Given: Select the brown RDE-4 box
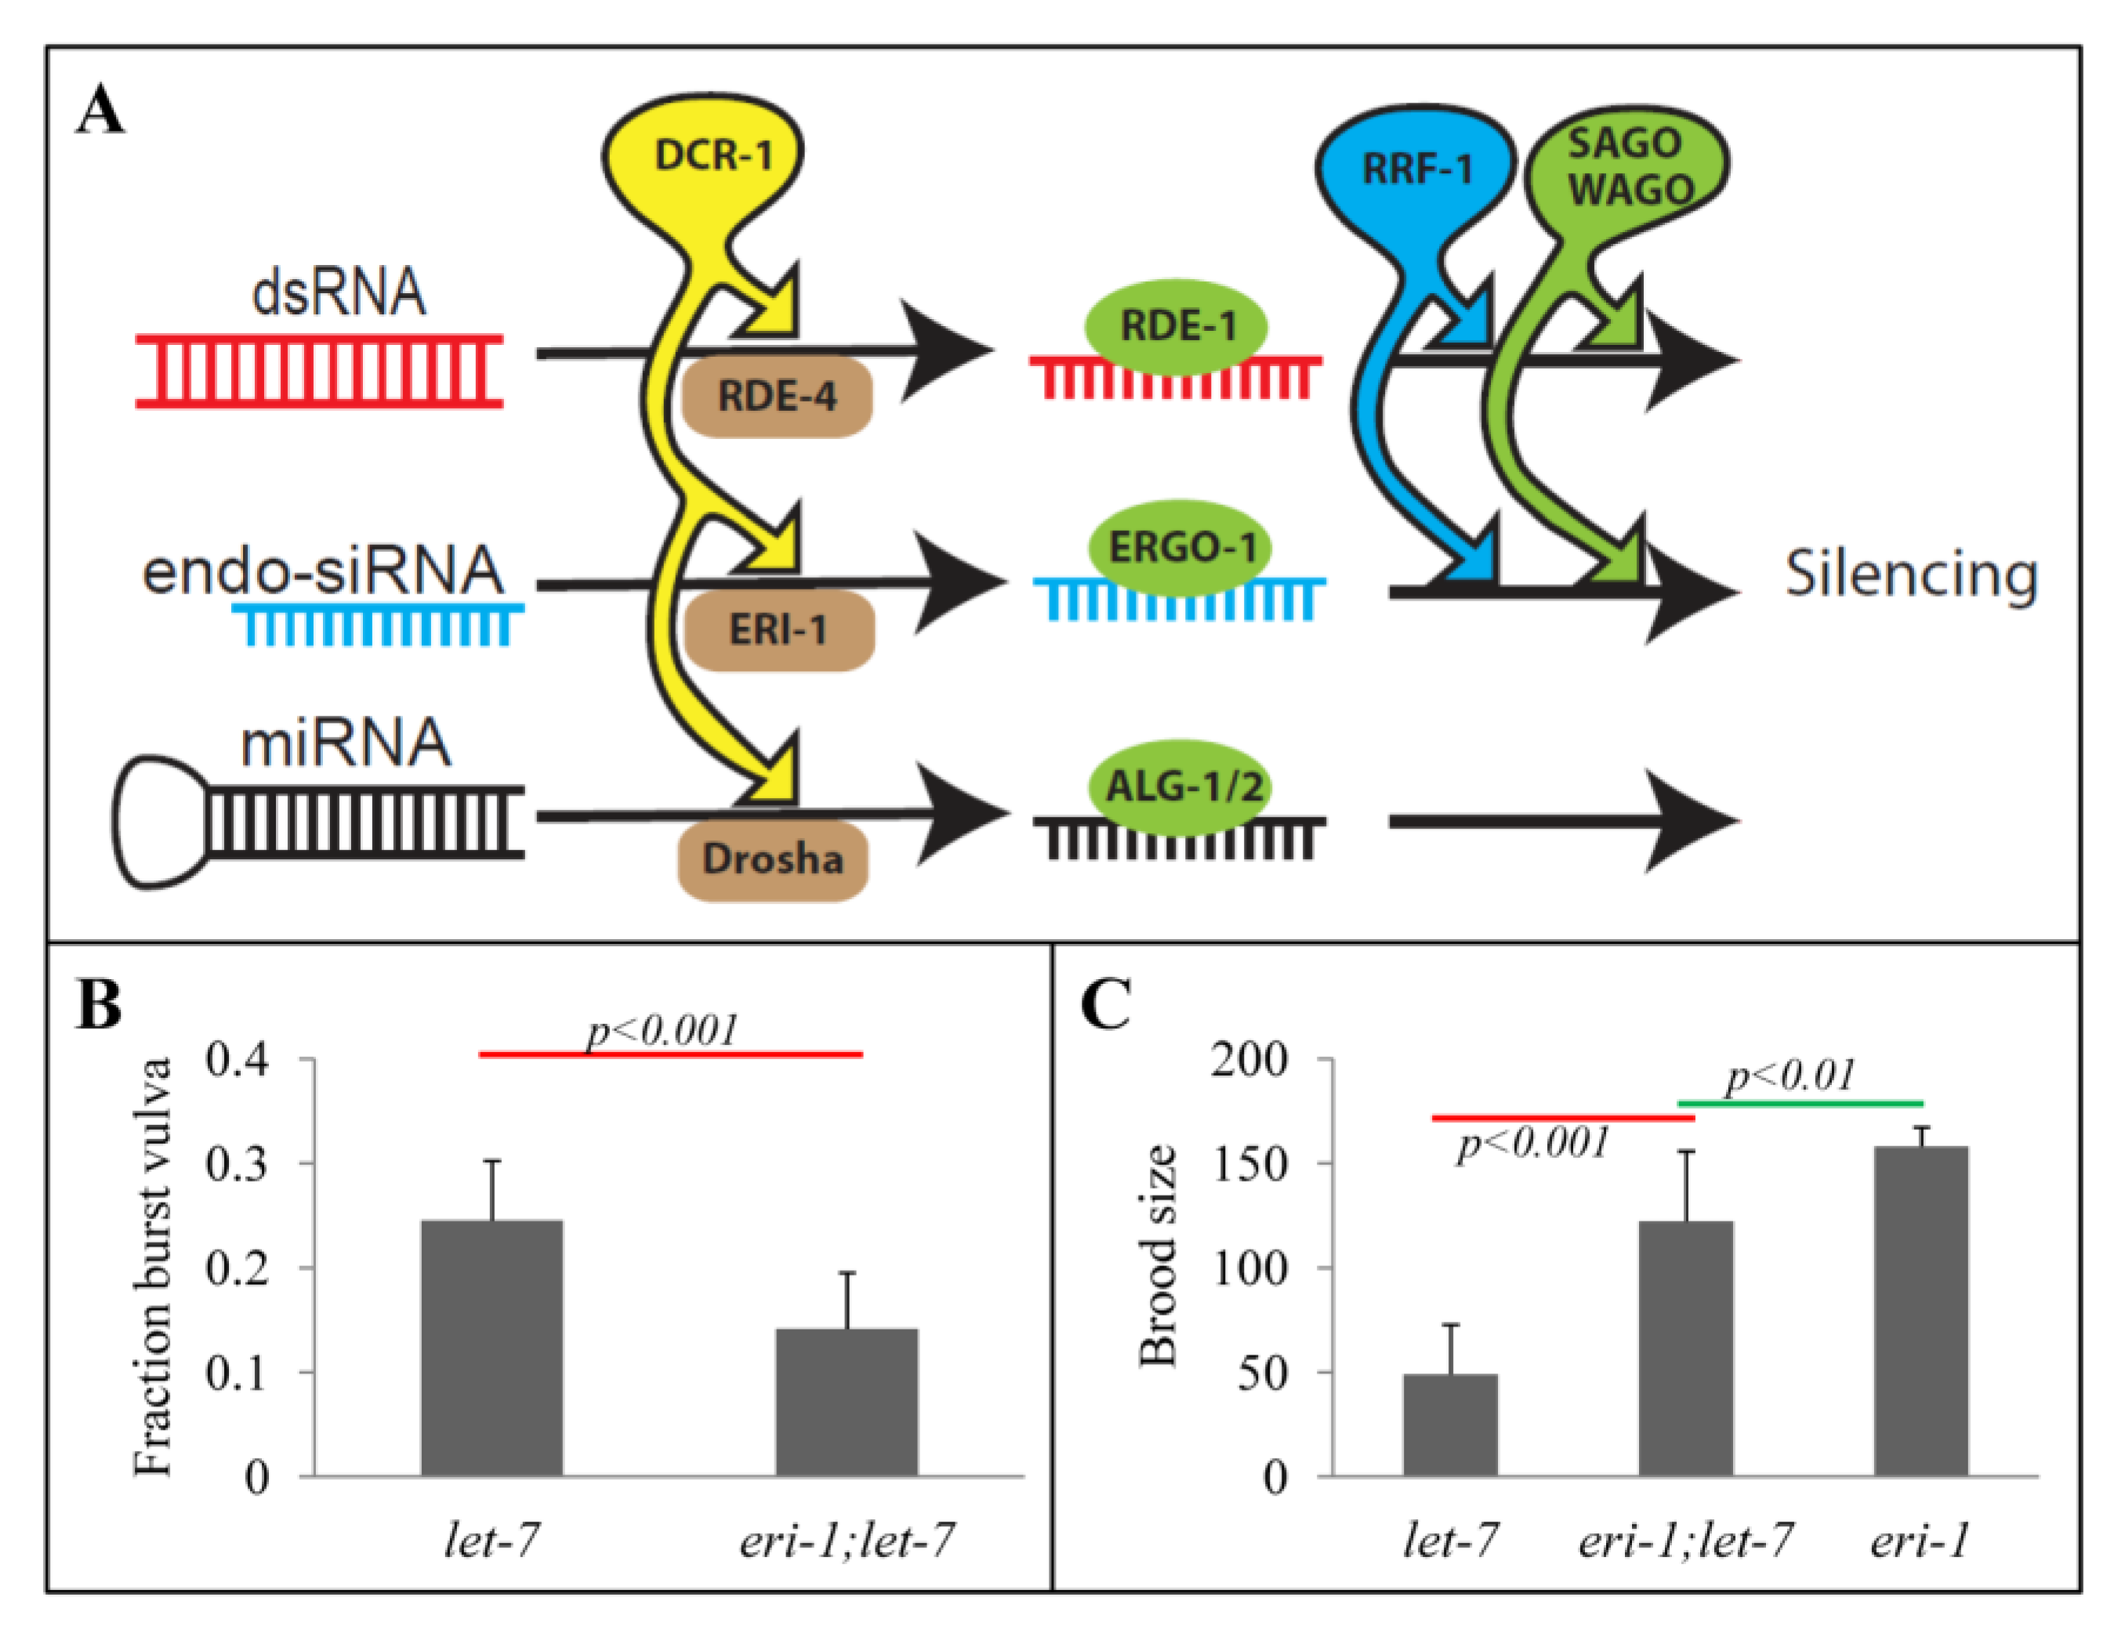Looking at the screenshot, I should (x=775, y=396).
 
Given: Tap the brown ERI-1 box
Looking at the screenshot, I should (x=778, y=630).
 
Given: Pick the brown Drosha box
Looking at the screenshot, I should (x=772, y=859).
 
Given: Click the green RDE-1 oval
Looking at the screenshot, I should (x=1177, y=325).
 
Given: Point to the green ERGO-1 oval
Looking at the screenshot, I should (x=1181, y=547).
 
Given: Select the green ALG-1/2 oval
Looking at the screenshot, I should (x=1183, y=786).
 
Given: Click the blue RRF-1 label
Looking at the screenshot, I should (x=1416, y=170).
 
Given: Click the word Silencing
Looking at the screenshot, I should (x=1910, y=575).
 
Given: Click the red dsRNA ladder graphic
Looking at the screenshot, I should (x=319, y=372).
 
